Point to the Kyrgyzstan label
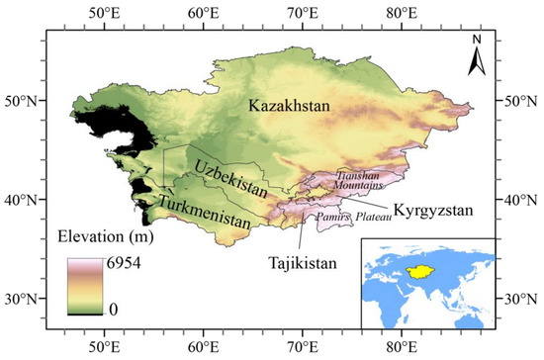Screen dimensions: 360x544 433,211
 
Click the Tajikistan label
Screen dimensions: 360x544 304,264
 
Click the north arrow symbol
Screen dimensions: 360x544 475,62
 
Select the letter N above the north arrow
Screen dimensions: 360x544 475,41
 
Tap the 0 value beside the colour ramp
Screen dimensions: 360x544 114,310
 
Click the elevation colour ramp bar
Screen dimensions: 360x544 84,287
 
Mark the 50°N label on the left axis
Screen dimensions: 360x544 22,101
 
